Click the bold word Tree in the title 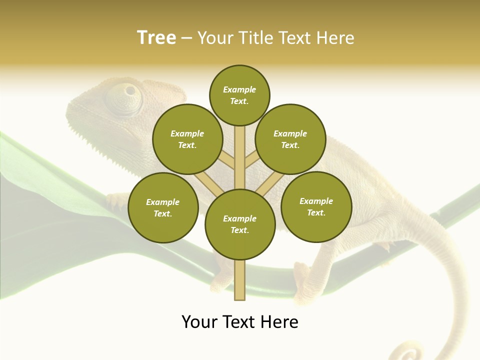point(156,38)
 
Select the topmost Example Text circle point(239,95)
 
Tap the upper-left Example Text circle point(187,139)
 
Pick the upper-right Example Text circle point(290,139)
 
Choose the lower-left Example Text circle point(163,208)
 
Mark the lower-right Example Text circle point(316,206)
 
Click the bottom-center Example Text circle point(240,224)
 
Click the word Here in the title point(334,38)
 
